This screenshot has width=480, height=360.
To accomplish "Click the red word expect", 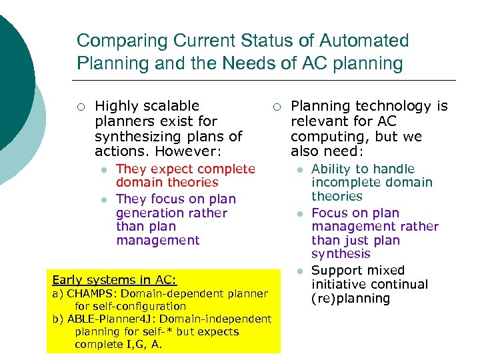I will [x=162, y=169].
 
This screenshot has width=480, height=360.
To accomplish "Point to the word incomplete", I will [x=344, y=183].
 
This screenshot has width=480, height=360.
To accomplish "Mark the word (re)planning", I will [x=351, y=298].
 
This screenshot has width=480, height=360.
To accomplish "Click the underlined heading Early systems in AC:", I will [x=114, y=280].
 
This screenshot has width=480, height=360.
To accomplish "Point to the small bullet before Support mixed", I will [x=300, y=271].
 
